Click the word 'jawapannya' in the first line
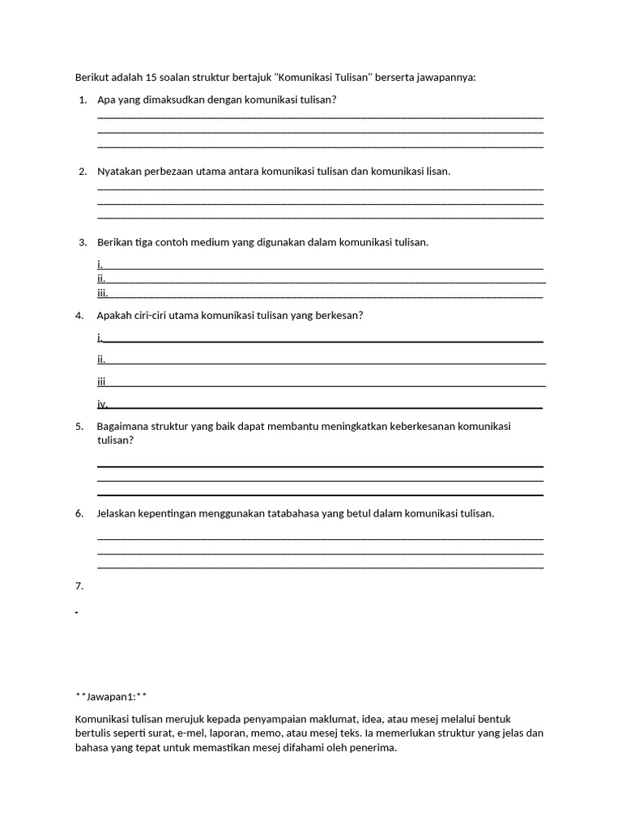pyautogui.click(x=448, y=78)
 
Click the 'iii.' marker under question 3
pyautogui.click(x=102, y=293)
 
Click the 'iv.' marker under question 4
pyautogui.click(x=102, y=404)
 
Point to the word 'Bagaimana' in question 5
pyautogui.click(x=121, y=427)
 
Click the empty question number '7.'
pyautogui.click(x=79, y=585)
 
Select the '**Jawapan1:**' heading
pyautogui.click(x=111, y=696)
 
